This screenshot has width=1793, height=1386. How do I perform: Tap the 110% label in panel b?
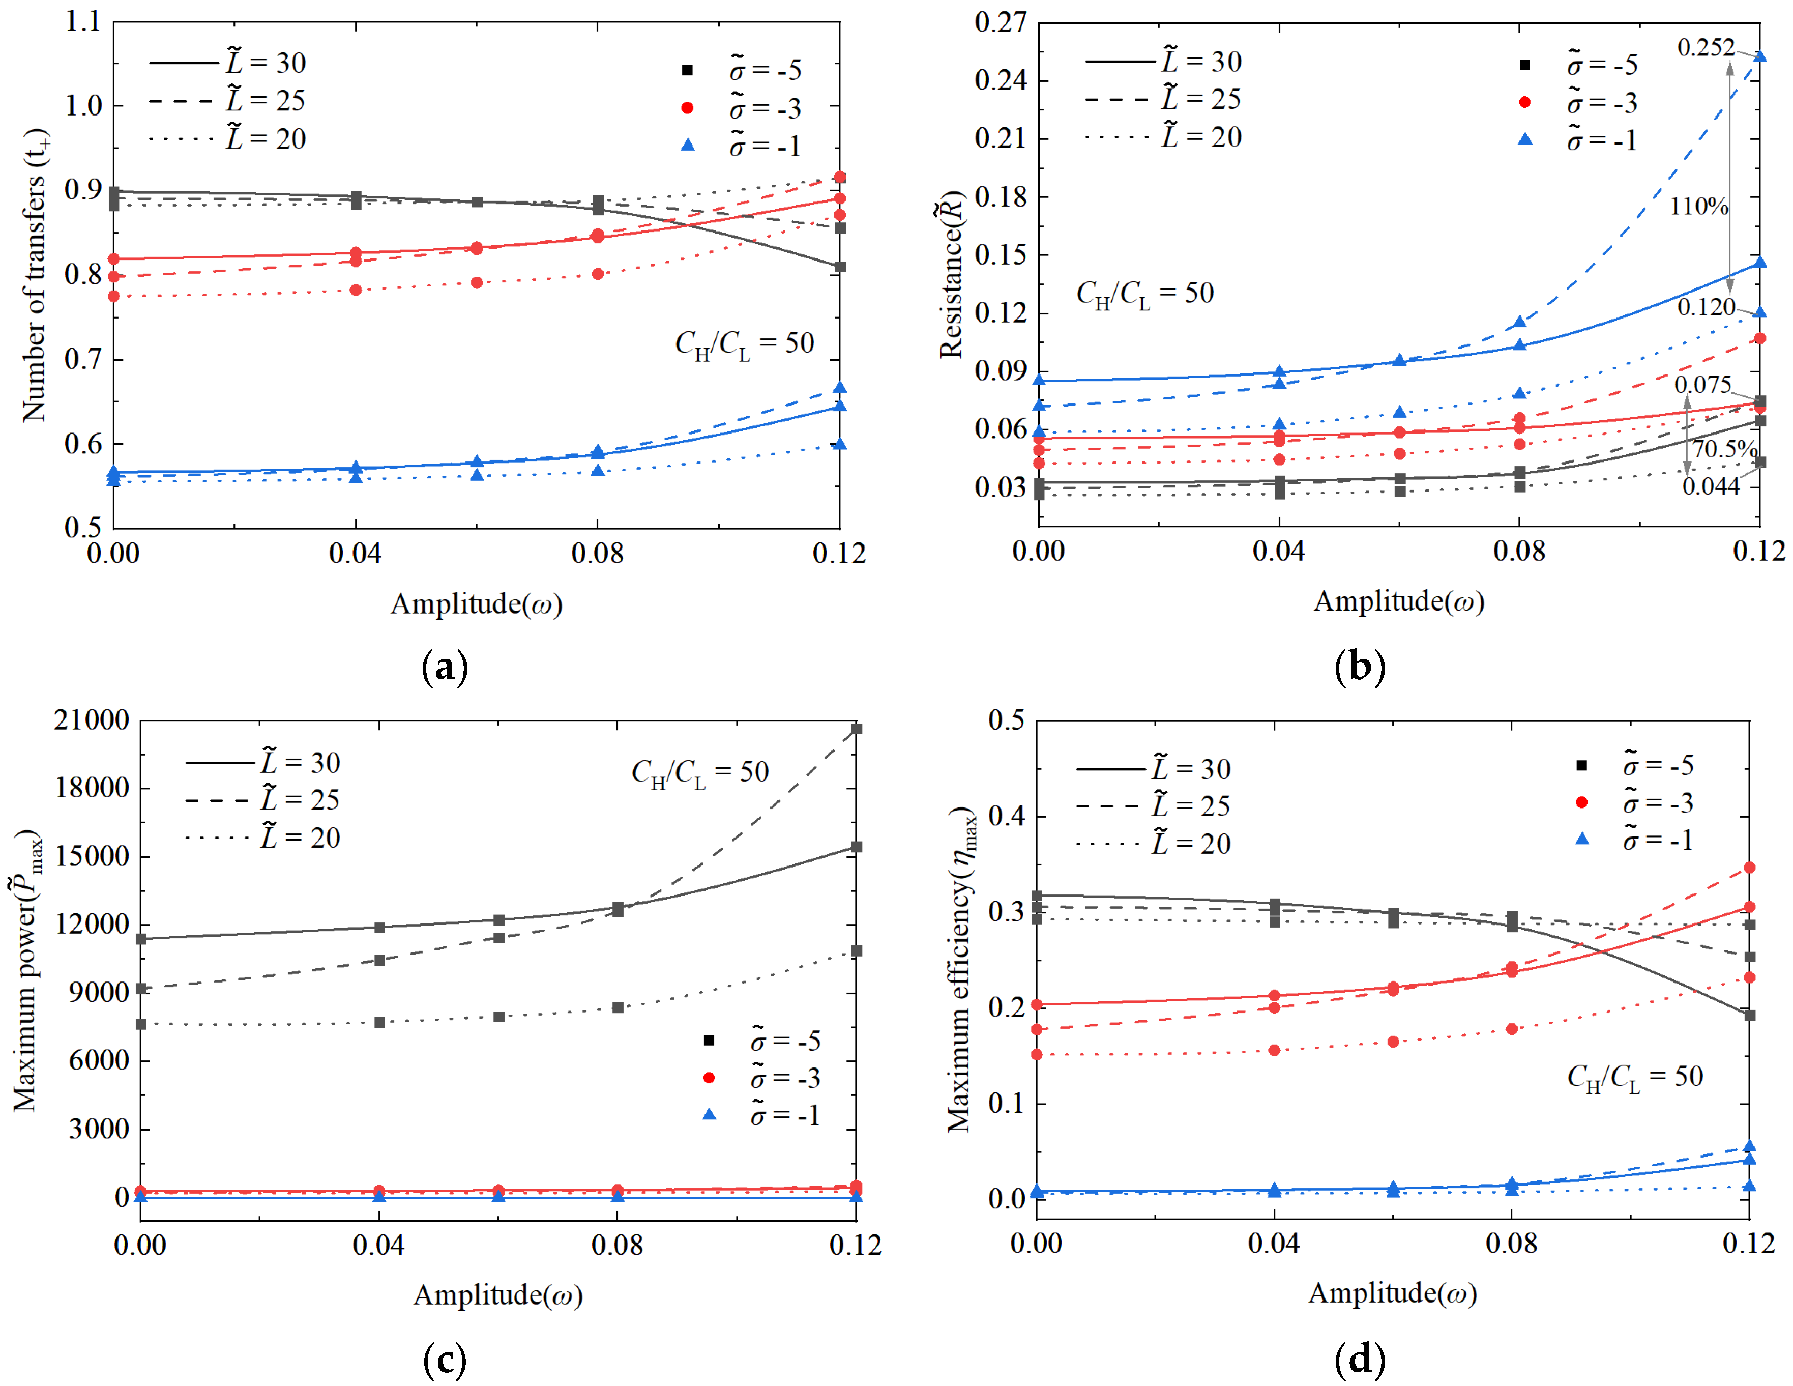1698,206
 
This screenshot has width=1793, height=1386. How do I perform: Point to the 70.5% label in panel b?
1724,449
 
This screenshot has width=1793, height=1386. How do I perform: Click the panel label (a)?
444,667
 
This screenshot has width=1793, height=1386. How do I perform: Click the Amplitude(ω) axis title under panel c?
497,1295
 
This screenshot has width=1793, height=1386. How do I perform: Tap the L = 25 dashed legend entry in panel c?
262,800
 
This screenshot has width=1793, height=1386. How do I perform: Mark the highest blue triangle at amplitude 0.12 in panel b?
1759,56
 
